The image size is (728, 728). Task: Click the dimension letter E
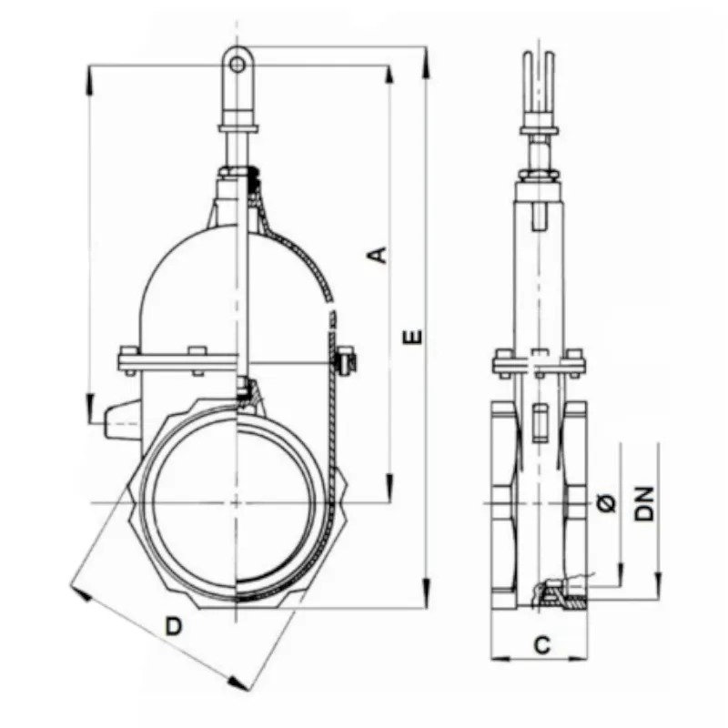tap(412, 337)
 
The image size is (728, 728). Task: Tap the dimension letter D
tap(174, 626)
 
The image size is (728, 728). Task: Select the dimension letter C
tap(541, 644)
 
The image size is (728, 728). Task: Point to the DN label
tap(644, 503)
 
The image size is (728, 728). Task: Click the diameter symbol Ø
tap(606, 503)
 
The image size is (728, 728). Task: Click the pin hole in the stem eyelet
tap(238, 64)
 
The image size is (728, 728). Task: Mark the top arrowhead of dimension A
tap(389, 76)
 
